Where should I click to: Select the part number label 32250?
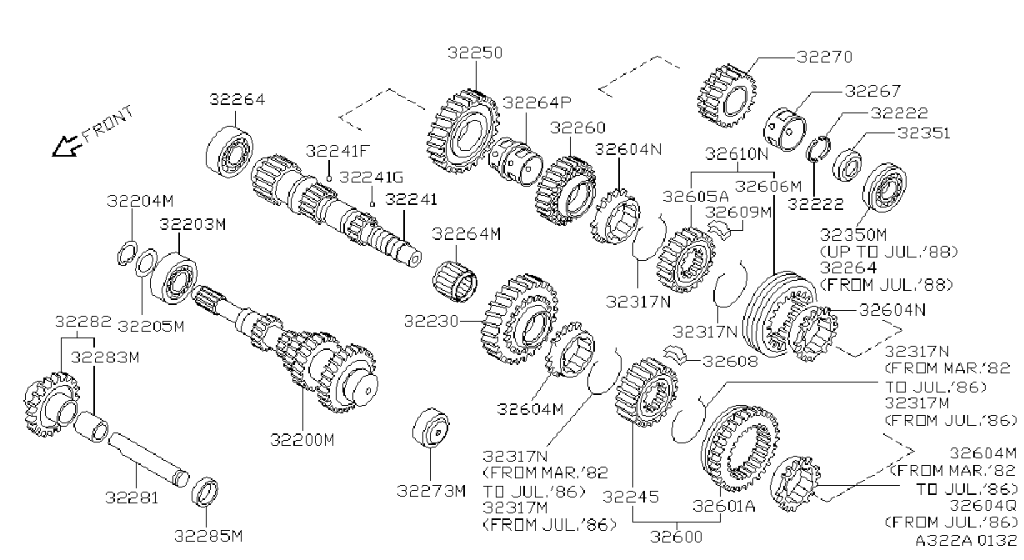click(475, 52)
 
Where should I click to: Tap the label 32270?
click(824, 57)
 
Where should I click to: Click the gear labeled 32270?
click(727, 96)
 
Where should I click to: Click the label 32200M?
click(302, 440)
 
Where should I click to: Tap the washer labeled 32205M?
click(146, 262)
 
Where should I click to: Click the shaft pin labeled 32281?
click(148, 459)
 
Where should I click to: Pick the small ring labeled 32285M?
click(205, 492)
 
